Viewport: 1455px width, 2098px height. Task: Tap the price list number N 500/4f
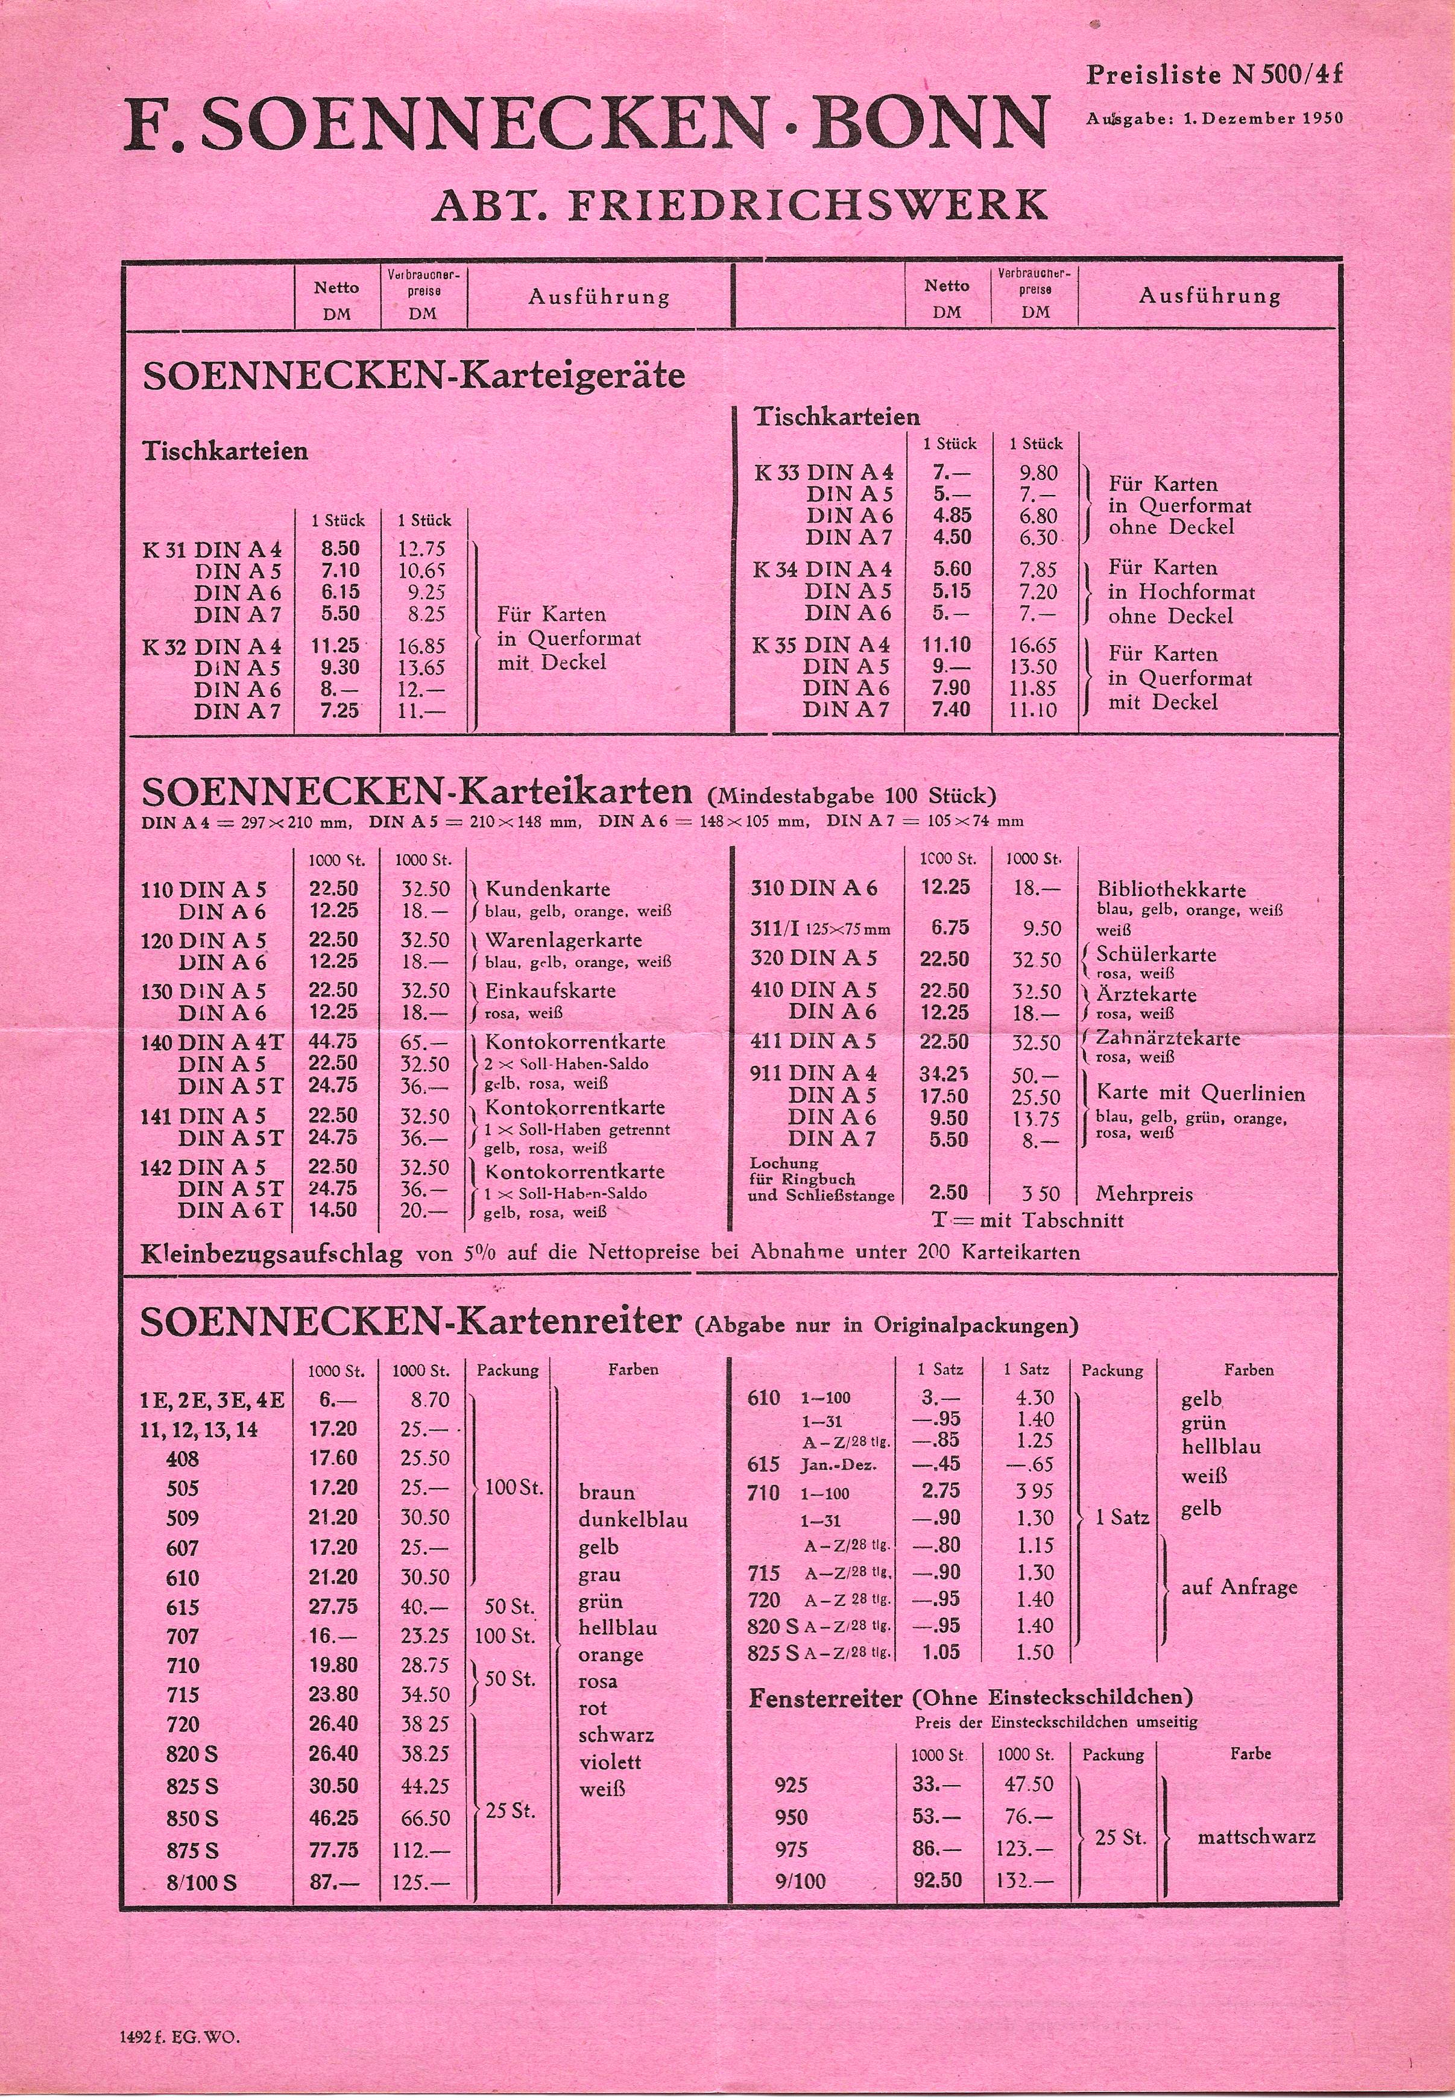[1287, 75]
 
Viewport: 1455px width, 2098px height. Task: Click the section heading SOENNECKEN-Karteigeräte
[413, 376]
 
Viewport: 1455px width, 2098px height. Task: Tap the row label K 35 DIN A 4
[822, 645]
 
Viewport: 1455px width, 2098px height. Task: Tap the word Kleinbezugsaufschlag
[272, 1254]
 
